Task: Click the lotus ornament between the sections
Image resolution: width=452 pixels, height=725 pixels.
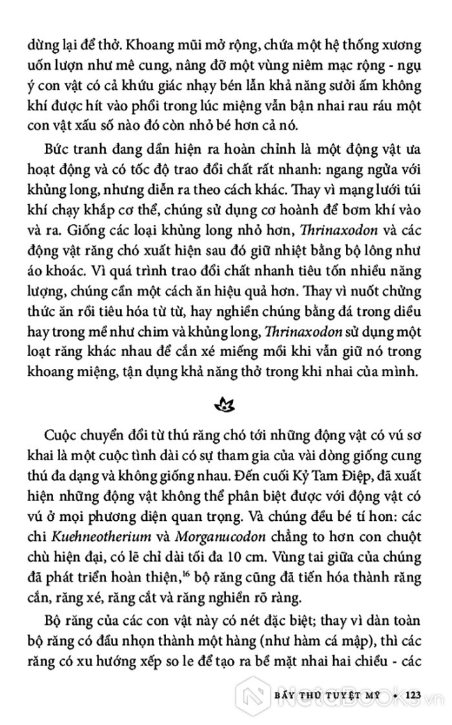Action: (225, 405)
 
